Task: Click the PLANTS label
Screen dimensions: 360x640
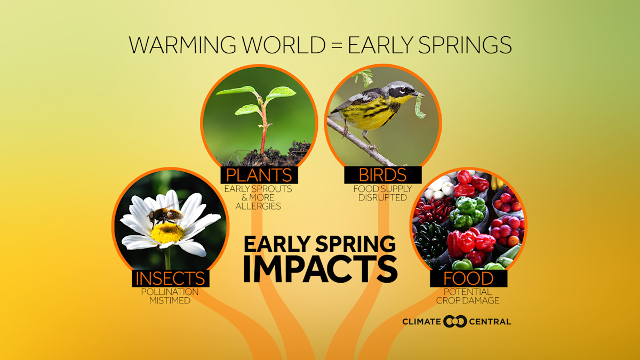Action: click(259, 175)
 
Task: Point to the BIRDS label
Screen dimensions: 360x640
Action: click(383, 175)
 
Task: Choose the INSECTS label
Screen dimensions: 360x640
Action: click(170, 278)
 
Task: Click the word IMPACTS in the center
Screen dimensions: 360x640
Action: click(320, 269)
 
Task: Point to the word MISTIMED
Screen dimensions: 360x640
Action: click(170, 300)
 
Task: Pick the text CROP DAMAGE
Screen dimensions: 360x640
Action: click(468, 300)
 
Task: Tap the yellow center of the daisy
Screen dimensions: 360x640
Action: click(167, 233)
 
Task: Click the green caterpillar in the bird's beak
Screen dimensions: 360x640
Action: click(420, 105)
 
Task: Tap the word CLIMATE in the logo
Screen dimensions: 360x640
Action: click(421, 321)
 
